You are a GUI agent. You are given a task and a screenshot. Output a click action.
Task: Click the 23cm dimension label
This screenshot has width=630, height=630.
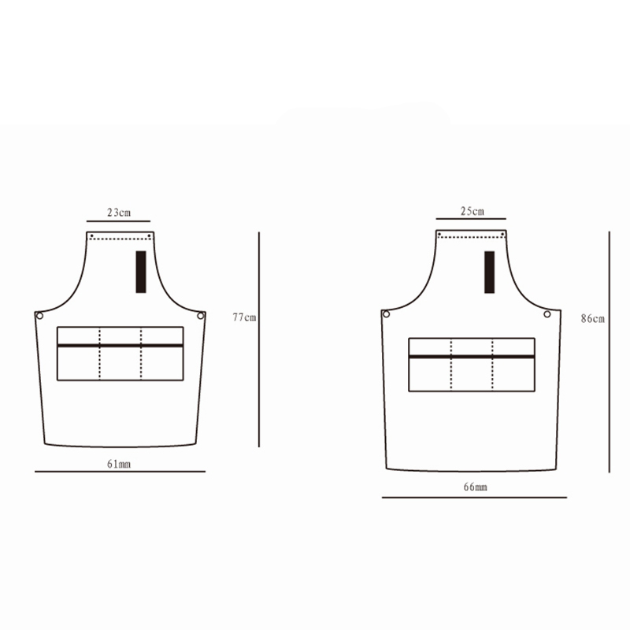coord(118,212)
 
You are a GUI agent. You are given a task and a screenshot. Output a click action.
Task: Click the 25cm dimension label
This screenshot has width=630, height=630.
coord(471,210)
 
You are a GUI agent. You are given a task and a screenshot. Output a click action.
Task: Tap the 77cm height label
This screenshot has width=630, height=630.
coord(244,317)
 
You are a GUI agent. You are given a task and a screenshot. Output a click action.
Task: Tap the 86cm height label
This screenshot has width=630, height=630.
coord(592,319)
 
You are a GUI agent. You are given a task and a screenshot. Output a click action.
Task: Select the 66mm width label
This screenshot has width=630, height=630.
coord(475,488)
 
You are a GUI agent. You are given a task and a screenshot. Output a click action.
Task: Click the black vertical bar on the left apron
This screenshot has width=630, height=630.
coord(141,272)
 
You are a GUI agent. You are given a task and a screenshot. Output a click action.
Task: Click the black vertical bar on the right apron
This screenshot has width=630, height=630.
coord(489,272)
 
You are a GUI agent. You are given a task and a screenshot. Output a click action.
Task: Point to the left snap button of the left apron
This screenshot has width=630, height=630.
coord(39,316)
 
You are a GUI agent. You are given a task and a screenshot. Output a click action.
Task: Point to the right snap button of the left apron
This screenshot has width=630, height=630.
coord(201,316)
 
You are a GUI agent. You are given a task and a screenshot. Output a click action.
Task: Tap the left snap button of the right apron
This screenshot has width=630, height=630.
coord(386,314)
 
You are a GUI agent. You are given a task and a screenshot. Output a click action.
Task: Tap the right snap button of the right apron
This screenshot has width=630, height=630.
coord(547,314)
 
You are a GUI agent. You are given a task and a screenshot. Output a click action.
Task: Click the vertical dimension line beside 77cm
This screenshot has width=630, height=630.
coord(259,339)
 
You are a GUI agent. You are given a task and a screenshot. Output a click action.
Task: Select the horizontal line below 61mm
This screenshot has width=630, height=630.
coord(120,472)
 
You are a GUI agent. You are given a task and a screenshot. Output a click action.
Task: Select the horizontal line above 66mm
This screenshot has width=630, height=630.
coord(474,498)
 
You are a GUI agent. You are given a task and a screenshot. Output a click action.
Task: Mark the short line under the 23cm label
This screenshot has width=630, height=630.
coord(118,222)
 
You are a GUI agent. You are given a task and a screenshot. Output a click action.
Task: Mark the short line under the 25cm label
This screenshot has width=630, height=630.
coord(471,220)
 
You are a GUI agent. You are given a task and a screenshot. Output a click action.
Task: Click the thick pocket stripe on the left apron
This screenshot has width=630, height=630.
coord(120,345)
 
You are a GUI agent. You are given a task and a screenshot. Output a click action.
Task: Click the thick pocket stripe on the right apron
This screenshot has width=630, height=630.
coord(472,356)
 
